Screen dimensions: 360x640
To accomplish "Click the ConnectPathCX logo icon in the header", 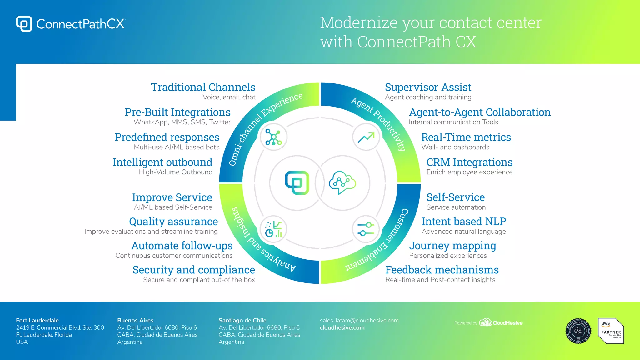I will pyautogui.click(x=24, y=24).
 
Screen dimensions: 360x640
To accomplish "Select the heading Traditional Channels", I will pyautogui.click(x=203, y=87).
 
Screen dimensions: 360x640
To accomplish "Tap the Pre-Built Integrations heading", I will pyautogui.click(x=177, y=112).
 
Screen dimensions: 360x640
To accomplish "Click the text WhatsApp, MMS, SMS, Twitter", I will pyautogui.click(x=182, y=122).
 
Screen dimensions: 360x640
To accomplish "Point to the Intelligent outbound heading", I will pyautogui.click(x=162, y=162).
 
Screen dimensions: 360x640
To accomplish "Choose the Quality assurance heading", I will pyautogui.click(x=173, y=222).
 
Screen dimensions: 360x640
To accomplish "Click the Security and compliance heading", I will pyautogui.click(x=193, y=270).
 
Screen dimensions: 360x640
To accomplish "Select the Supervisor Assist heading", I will pyautogui.click(x=428, y=87).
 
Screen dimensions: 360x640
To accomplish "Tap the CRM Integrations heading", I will pyautogui.click(x=469, y=162).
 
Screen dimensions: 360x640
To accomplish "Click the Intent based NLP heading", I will pyautogui.click(x=464, y=222).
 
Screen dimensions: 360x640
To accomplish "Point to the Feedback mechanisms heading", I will pyautogui.click(x=442, y=270).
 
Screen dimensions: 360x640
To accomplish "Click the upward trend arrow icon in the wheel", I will pyautogui.click(x=366, y=137).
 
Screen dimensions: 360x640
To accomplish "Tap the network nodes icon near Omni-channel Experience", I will pyautogui.click(x=273, y=137).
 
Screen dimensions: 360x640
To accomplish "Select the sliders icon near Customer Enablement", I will pyautogui.click(x=366, y=229).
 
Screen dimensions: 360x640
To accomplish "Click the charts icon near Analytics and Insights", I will pyautogui.click(x=273, y=229).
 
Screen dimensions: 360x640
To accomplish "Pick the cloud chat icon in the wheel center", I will pyautogui.click(x=342, y=182).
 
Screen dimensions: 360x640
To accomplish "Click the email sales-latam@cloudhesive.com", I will pyautogui.click(x=359, y=321).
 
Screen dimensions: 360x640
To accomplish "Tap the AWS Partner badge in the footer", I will pyautogui.click(x=611, y=331).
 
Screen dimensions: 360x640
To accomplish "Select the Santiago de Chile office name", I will pyautogui.click(x=242, y=321).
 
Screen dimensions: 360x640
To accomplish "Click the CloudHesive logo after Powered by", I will pyautogui.click(x=501, y=322).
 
